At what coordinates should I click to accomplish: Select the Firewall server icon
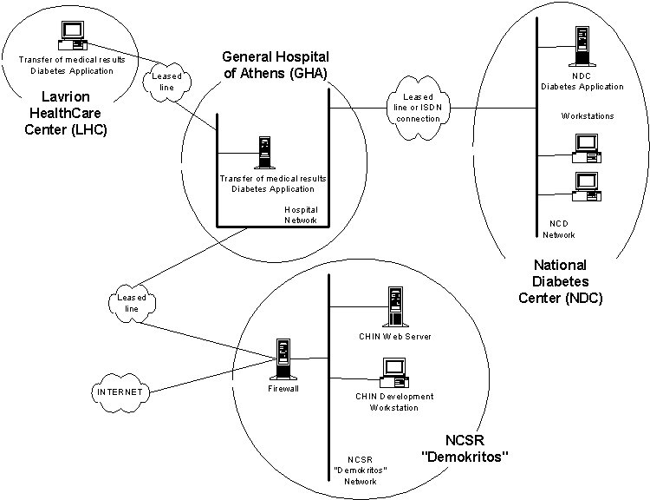[283, 359]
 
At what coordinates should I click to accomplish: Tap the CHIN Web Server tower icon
[395, 307]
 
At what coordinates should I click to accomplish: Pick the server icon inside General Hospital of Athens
[261, 153]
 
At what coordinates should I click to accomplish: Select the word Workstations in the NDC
[588, 115]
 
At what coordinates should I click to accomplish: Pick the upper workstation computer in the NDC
[582, 148]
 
